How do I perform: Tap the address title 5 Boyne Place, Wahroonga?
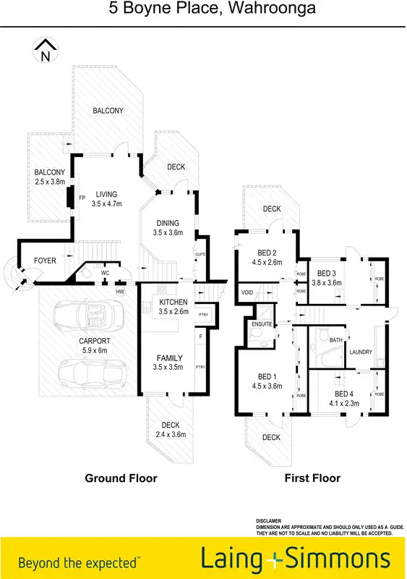coord(202,9)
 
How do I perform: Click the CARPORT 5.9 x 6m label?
coord(94,345)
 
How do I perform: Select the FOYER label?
coord(46,261)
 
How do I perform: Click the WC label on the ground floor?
coord(105,273)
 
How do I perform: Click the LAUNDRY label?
coord(360,352)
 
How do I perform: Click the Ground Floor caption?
coord(121,478)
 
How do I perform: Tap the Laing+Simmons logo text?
coord(296,559)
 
